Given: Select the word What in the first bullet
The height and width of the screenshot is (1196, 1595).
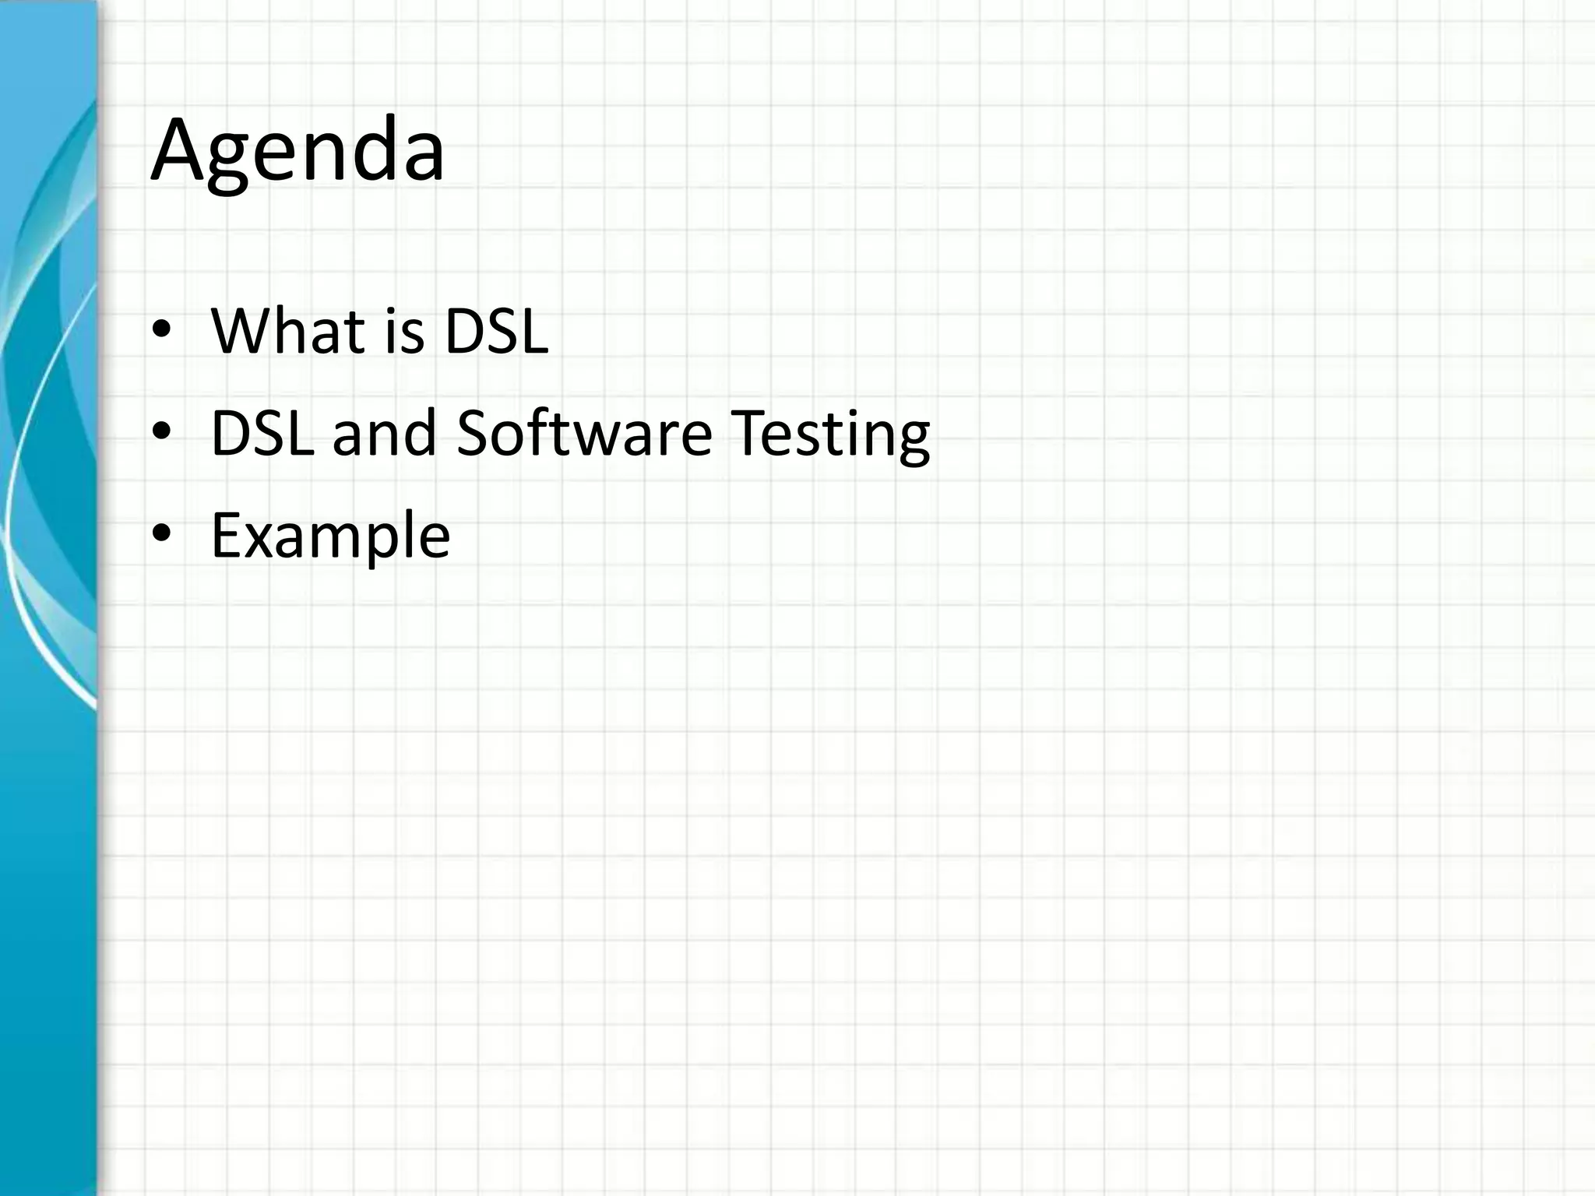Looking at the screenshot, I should tap(287, 331).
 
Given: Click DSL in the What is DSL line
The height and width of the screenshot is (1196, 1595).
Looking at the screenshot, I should tap(496, 331).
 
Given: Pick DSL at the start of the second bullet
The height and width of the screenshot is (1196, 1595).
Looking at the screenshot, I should tap(262, 433).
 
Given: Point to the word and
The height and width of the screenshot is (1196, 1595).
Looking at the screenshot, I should tap(384, 433).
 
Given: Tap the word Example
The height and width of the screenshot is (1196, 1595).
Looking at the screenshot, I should tap(330, 536).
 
